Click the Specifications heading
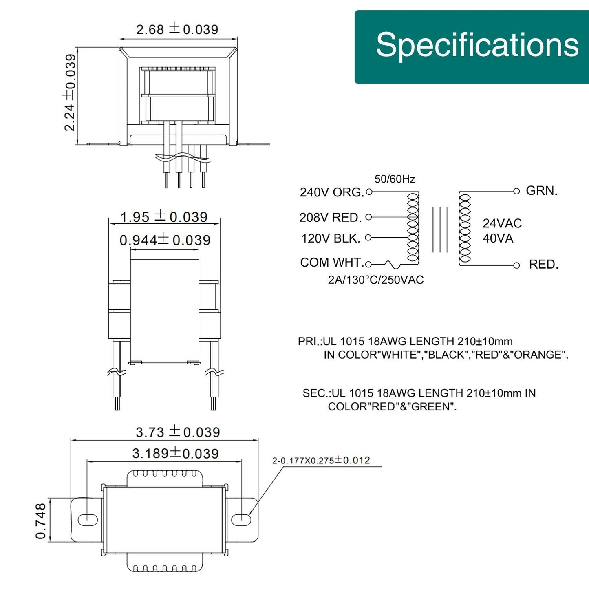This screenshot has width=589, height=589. coord(477,45)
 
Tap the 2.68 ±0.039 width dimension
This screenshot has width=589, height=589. coord(177,29)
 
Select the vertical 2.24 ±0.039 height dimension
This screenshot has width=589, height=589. coord(70,93)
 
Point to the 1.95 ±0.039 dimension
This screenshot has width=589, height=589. coord(164,217)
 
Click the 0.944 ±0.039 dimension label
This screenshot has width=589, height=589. coord(165,240)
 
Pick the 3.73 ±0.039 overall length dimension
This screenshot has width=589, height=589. coord(178,432)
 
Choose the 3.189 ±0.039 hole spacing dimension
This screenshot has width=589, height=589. coord(175,453)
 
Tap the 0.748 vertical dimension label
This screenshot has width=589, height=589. coord(41,521)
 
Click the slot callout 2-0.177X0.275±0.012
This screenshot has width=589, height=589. coord(321,461)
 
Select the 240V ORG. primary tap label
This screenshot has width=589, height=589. coord(332,192)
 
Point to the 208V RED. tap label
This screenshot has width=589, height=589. coord(331,218)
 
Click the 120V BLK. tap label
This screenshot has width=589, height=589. coord(331,238)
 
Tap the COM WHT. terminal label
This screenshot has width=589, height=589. coord(332,263)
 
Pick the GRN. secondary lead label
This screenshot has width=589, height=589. coord(542,191)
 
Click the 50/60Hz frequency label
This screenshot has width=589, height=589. coord(395,179)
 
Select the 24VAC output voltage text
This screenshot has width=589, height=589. coord(502,223)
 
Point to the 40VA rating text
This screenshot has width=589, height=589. coord(498,238)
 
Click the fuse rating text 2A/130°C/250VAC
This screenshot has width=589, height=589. coord(376,280)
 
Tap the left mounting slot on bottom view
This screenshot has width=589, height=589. coord(88,520)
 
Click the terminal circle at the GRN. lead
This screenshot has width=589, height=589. coord(516,191)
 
